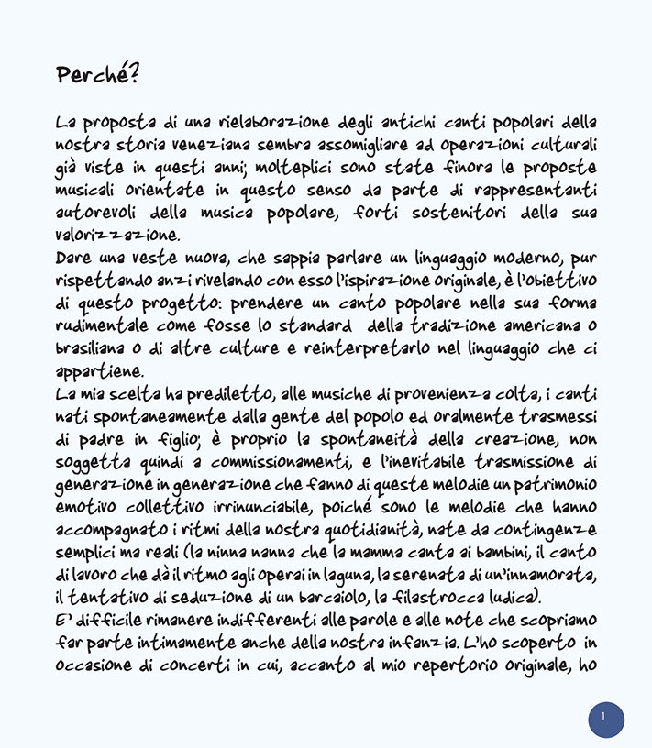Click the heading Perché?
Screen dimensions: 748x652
pyautogui.click(x=97, y=75)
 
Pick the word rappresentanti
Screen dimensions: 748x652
pyautogui.click(x=536, y=191)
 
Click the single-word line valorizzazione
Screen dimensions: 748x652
pyautogui.click(x=117, y=236)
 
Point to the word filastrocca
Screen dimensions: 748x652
pyautogui.click(x=493, y=599)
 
